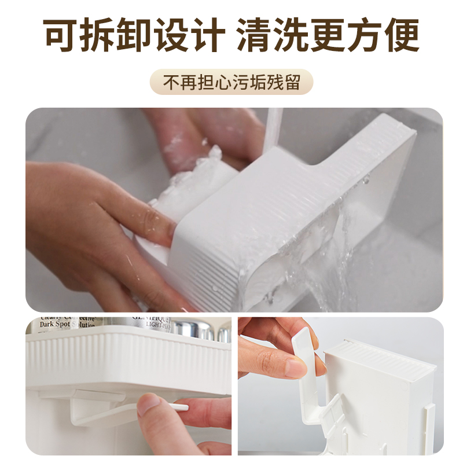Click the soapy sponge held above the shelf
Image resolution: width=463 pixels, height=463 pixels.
[x=194, y=174]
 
